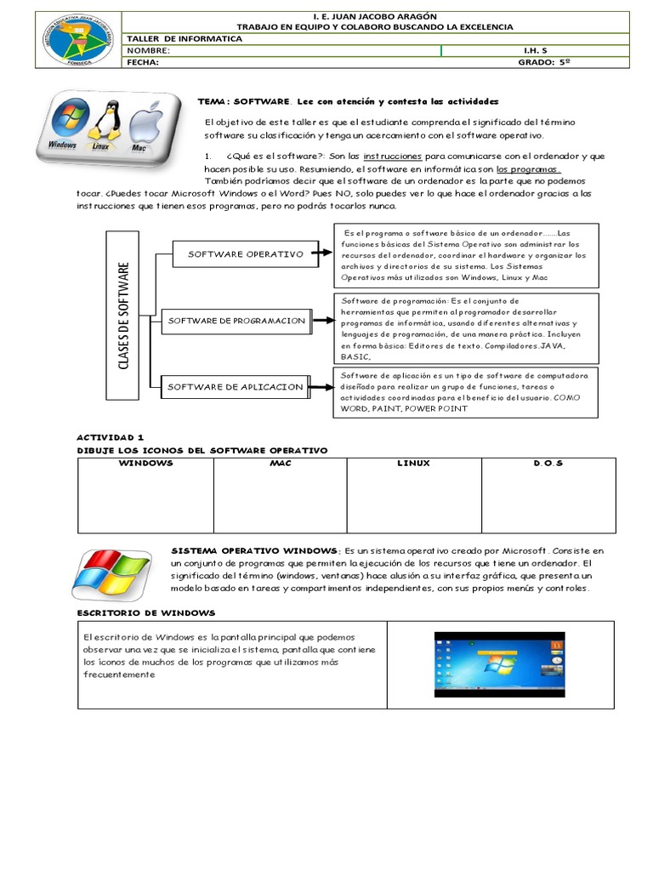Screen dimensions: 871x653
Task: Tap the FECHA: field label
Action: (143, 62)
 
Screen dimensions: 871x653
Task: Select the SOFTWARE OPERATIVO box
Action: (246, 253)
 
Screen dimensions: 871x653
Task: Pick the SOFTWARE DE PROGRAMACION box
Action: (236, 320)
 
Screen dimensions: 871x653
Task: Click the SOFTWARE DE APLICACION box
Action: (235, 387)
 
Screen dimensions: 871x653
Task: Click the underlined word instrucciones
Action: (392, 157)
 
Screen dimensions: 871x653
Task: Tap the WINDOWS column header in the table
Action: (145, 464)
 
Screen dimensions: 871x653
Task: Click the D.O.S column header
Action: (548, 464)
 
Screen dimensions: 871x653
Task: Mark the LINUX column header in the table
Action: (413, 464)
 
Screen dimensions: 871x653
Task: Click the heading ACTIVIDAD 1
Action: (105, 436)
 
